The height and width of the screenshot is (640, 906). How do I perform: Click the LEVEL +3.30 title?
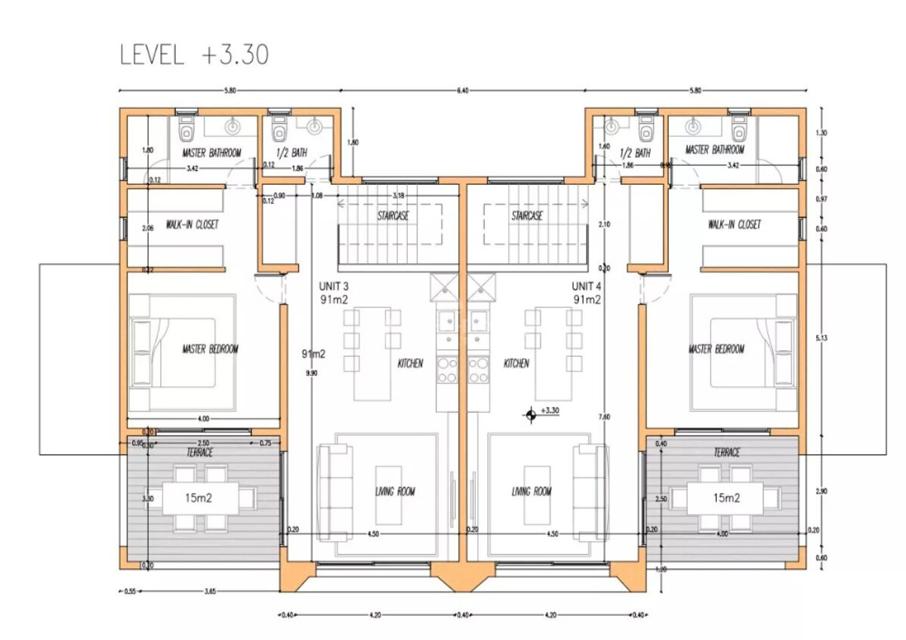(194, 55)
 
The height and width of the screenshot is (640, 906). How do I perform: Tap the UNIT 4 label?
(586, 286)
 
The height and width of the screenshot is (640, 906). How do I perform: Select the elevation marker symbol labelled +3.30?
(532, 413)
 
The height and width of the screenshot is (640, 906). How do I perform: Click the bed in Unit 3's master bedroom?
(180, 351)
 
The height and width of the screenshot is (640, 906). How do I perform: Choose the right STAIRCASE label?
(528, 215)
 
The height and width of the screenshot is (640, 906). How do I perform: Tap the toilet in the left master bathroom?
(186, 129)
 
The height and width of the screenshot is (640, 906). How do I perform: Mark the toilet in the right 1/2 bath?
(645, 129)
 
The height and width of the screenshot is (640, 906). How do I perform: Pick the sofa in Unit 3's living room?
(334, 491)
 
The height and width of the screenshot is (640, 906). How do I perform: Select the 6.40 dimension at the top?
(462, 91)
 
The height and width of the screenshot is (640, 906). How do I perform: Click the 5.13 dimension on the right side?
(821, 338)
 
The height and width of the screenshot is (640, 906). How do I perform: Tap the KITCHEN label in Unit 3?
(410, 363)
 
